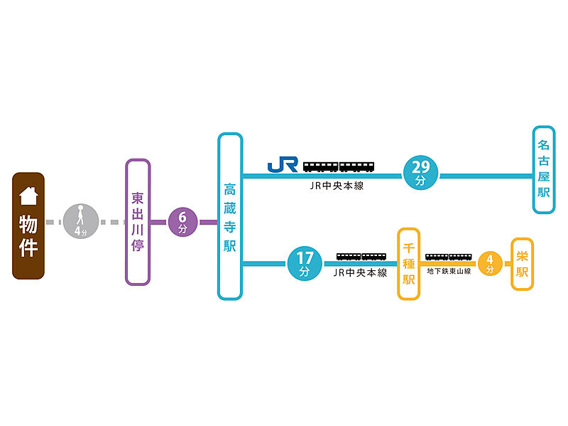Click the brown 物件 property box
point(28,225)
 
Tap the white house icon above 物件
point(28,194)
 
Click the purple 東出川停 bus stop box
point(138,222)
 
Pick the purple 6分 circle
point(182,222)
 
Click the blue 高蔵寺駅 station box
point(230,215)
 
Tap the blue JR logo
point(283,165)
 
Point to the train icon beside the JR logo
point(339,166)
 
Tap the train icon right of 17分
point(361,256)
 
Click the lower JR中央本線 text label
point(361,272)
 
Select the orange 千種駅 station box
point(409,264)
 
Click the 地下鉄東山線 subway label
point(449,271)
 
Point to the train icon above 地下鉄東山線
point(449,257)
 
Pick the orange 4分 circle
point(490,264)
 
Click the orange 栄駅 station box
point(523,264)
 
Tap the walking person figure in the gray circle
point(80,215)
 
